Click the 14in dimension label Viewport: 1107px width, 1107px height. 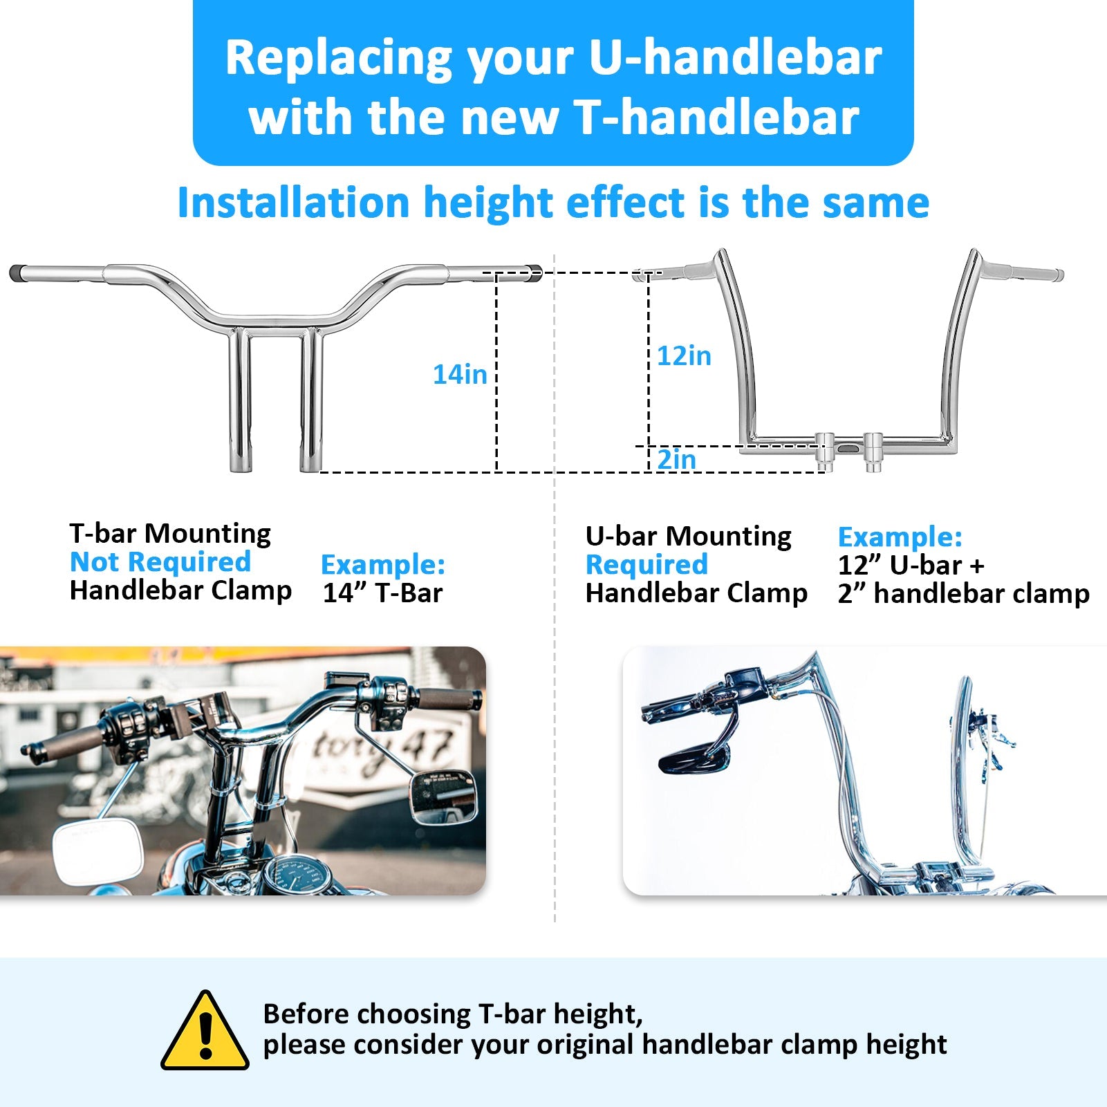[x=460, y=374]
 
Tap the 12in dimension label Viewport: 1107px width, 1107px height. [x=684, y=355]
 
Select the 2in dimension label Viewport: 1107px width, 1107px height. [x=676, y=459]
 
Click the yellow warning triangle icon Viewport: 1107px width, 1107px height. [x=205, y=1030]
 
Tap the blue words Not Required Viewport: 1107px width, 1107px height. [x=160, y=561]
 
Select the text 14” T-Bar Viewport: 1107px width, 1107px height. [x=382, y=593]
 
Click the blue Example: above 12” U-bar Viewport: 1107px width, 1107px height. [x=900, y=537]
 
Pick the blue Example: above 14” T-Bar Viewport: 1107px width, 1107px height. [x=383, y=564]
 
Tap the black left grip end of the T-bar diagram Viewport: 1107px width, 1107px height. [x=17, y=272]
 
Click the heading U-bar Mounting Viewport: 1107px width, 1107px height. [x=688, y=536]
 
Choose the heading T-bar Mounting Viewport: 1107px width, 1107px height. [x=170, y=533]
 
